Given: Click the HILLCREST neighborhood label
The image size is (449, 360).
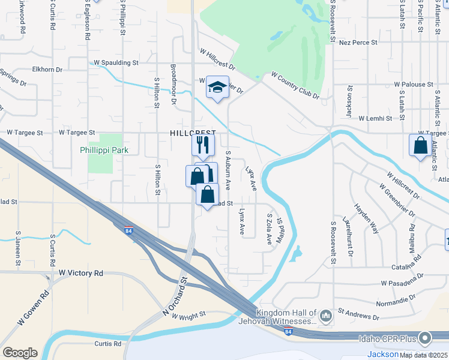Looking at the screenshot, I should point(191,132).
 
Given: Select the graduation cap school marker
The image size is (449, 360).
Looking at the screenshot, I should point(217,88).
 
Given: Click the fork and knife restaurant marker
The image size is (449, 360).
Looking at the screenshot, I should point(203,145).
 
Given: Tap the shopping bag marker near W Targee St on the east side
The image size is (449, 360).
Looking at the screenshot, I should point(420,145).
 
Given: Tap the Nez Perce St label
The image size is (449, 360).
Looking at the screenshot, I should point(358,43).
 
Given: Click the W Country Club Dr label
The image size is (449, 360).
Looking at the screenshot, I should point(295,86).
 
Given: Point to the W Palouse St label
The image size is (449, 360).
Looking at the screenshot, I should point(413,85).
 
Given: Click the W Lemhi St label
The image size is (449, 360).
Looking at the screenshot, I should point(378,119).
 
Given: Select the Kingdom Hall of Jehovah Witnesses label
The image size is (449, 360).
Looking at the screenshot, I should point(286,317).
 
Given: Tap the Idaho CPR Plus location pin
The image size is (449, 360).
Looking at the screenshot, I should point(426,339).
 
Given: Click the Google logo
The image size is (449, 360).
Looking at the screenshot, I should point(20,352).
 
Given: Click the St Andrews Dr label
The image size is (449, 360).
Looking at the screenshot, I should point(358,314).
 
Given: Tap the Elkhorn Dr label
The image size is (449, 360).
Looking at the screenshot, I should point(47,70).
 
